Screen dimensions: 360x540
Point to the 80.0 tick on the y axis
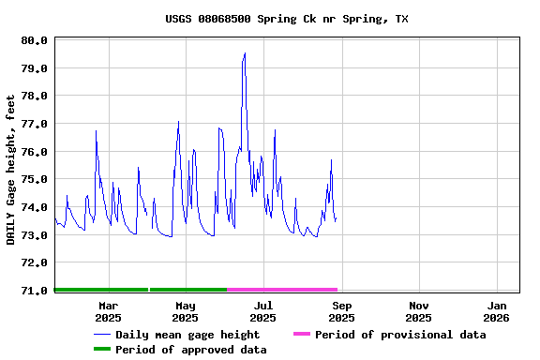(35, 40)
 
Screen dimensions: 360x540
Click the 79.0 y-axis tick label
(35, 68)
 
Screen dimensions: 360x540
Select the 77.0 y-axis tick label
(35, 124)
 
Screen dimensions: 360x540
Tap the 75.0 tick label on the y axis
(35, 179)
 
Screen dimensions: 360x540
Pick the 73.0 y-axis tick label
(35, 235)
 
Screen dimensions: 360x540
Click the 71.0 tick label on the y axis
(35, 291)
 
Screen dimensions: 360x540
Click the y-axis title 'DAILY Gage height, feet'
(11, 170)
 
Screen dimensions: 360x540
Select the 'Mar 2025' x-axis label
(108, 311)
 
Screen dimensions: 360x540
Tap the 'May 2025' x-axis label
(186, 311)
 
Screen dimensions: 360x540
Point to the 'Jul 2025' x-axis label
(263, 311)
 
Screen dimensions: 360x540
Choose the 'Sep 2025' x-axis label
(342, 311)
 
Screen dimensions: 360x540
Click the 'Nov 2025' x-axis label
(419, 311)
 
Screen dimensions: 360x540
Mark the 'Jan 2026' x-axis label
(497, 311)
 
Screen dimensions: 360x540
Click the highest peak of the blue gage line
(245, 53)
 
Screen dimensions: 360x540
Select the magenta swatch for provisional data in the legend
(301, 335)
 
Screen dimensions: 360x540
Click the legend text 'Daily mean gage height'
(187, 335)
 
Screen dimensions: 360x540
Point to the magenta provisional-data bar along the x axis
(282, 290)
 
